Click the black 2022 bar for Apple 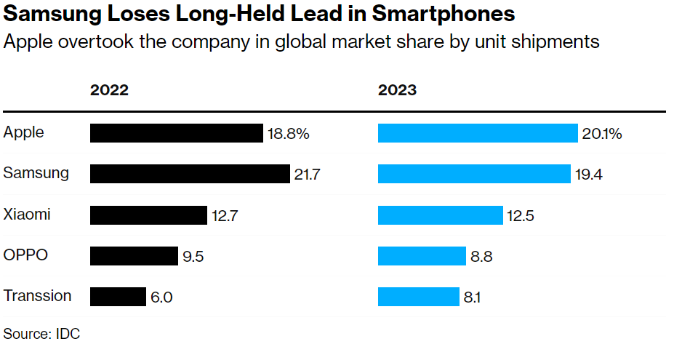coord(176,133)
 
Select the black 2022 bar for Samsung coord(190,174)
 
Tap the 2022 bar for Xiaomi coord(148,215)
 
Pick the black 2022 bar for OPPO coord(134,256)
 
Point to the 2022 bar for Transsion coord(118,297)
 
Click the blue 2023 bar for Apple coord(478,133)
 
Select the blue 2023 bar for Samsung coord(474,174)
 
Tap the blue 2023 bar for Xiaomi coord(441,215)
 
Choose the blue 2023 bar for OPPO coord(422,256)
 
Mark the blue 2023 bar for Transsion coord(418,297)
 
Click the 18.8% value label coord(289,134)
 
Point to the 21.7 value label coord(308,175)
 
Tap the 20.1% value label coord(602,134)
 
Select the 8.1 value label coord(473,297)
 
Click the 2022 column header coord(109,91)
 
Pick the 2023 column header coord(397,91)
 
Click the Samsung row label coord(36,173)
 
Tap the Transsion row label coord(38,296)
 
